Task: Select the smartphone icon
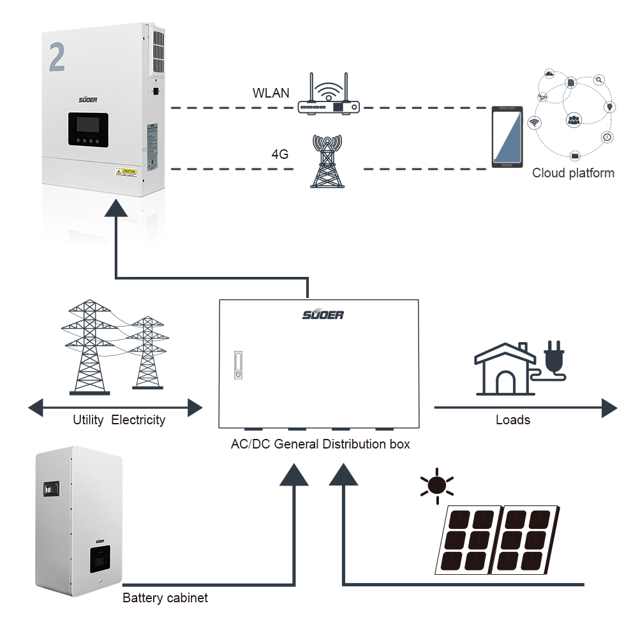point(507,138)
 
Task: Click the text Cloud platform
point(573,173)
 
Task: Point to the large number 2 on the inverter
point(57,58)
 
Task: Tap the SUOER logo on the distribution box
point(323,315)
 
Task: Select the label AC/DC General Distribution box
point(320,443)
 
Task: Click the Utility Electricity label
point(119,420)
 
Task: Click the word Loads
point(513,420)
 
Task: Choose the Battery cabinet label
point(165,598)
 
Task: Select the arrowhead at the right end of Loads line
point(609,406)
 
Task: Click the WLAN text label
point(271,93)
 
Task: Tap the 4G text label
point(280,154)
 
